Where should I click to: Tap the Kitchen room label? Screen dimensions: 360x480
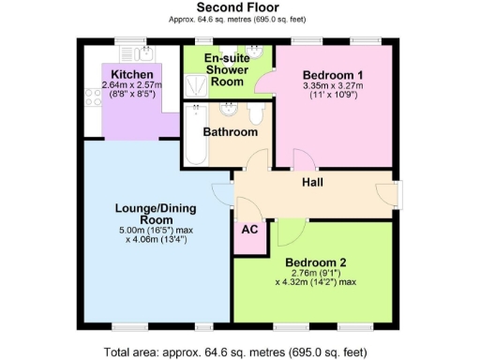tap(131, 74)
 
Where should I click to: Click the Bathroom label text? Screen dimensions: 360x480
tap(231, 132)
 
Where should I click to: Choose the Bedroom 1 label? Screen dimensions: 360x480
tap(333, 75)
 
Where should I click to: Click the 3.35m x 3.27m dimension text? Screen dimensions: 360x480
tap(333, 87)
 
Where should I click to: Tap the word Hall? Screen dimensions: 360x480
tap(312, 182)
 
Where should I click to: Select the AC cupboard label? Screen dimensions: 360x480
tap(249, 230)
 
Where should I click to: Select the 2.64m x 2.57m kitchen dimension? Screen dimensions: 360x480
tap(132, 86)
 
